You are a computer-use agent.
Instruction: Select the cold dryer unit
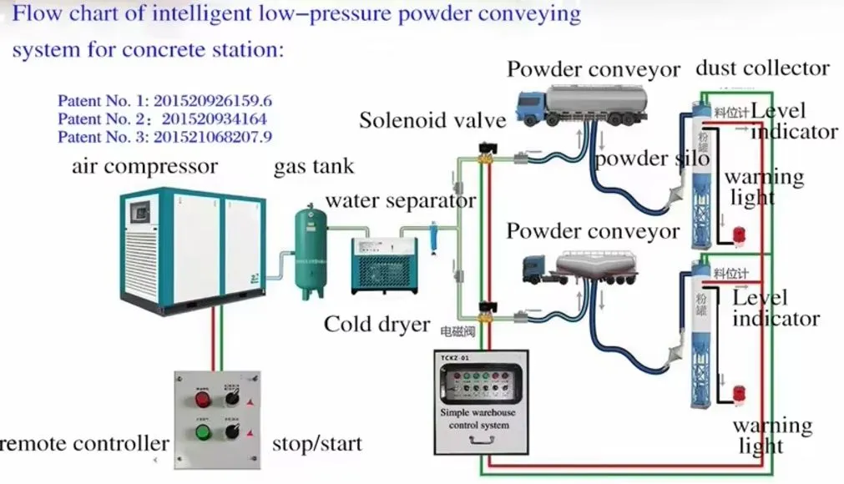[382, 265]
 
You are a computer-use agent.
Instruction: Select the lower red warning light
[739, 393]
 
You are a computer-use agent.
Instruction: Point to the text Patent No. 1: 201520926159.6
[164, 101]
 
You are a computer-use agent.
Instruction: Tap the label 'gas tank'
[314, 167]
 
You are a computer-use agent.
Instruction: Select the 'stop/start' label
[317, 443]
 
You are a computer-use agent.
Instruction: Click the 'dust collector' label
[762, 68]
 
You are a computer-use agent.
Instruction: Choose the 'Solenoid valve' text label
[432, 120]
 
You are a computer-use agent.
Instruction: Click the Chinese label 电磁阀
[457, 332]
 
